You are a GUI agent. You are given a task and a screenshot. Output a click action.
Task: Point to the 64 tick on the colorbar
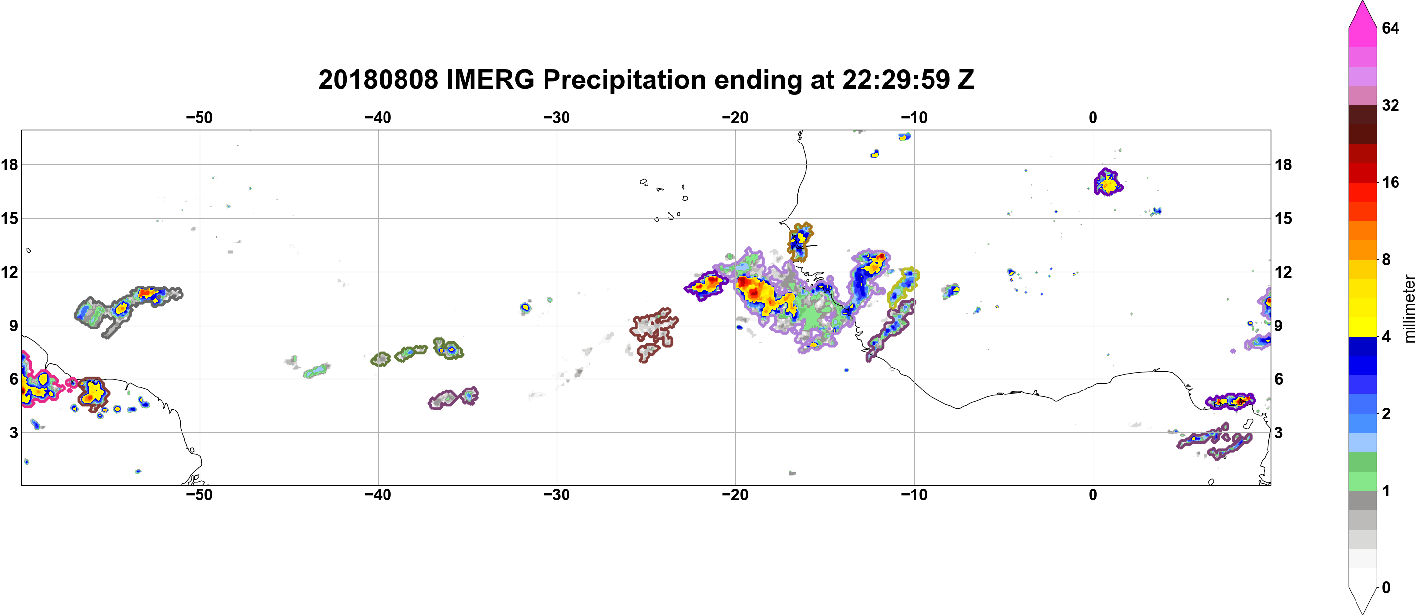pos(1390,27)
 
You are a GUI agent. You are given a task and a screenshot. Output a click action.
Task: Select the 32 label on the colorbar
pos(1390,105)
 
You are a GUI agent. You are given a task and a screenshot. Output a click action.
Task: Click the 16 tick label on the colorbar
pos(1390,182)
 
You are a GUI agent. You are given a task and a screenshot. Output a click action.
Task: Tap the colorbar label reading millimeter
pos(1409,308)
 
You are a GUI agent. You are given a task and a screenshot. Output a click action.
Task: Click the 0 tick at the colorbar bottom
pos(1386,587)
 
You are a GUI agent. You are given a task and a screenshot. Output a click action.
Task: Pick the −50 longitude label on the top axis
pos(199,117)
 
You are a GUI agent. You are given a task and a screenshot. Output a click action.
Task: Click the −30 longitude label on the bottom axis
pos(557,494)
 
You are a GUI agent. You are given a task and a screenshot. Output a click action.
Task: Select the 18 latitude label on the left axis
pos(9,164)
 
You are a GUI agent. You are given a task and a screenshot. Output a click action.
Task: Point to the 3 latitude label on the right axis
pos(1278,432)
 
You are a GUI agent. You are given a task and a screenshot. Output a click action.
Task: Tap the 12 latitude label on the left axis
pos(9,272)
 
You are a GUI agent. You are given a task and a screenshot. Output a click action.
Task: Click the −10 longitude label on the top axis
pos(914,117)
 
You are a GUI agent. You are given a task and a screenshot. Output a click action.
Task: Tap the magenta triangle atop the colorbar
pos(1362,14)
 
